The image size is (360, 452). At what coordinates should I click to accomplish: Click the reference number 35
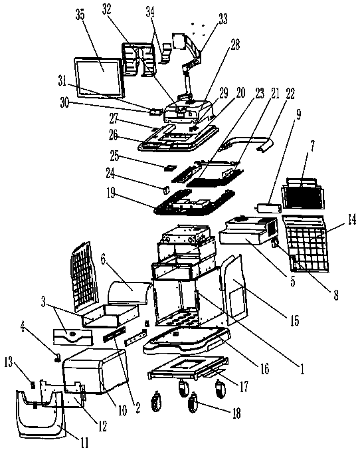tap(80, 15)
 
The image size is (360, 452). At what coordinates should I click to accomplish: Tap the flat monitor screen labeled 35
tap(100, 78)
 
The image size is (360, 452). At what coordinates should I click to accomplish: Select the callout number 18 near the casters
tap(236, 413)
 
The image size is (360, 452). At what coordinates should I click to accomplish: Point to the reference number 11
tap(84, 443)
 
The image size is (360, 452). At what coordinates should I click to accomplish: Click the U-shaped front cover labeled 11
tap(41, 414)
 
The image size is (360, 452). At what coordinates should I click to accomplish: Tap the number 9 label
tap(298, 115)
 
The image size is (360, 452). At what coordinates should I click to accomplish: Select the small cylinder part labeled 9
tap(268, 208)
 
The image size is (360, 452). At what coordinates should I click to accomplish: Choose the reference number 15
tap(295, 320)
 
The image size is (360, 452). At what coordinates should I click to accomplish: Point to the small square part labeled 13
tap(33, 385)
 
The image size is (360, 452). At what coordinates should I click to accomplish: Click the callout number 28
tap(235, 45)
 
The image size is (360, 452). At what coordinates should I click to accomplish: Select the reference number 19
tap(111, 193)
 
